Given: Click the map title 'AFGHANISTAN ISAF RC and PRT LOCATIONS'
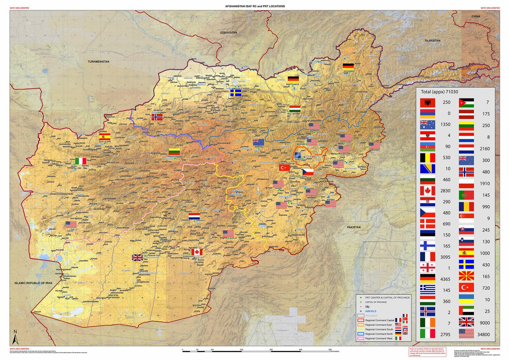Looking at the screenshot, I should point(255,6).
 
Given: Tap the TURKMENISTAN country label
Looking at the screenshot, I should point(98,62).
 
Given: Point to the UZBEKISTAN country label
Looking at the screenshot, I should point(228,33).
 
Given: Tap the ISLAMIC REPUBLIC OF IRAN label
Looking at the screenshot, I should point(33,283).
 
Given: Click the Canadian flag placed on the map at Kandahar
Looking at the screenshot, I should point(196,252).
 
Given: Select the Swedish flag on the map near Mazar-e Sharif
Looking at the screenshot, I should point(235,93).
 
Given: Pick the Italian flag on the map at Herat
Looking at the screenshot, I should point(81,161).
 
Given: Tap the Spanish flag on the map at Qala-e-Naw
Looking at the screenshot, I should point(104,136).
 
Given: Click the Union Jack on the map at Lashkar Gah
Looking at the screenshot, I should point(137,257).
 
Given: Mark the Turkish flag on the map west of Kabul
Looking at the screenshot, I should point(284,168).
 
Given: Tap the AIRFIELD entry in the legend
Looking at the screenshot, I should point(371,311).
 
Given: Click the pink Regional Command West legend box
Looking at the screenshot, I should point(361,338).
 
